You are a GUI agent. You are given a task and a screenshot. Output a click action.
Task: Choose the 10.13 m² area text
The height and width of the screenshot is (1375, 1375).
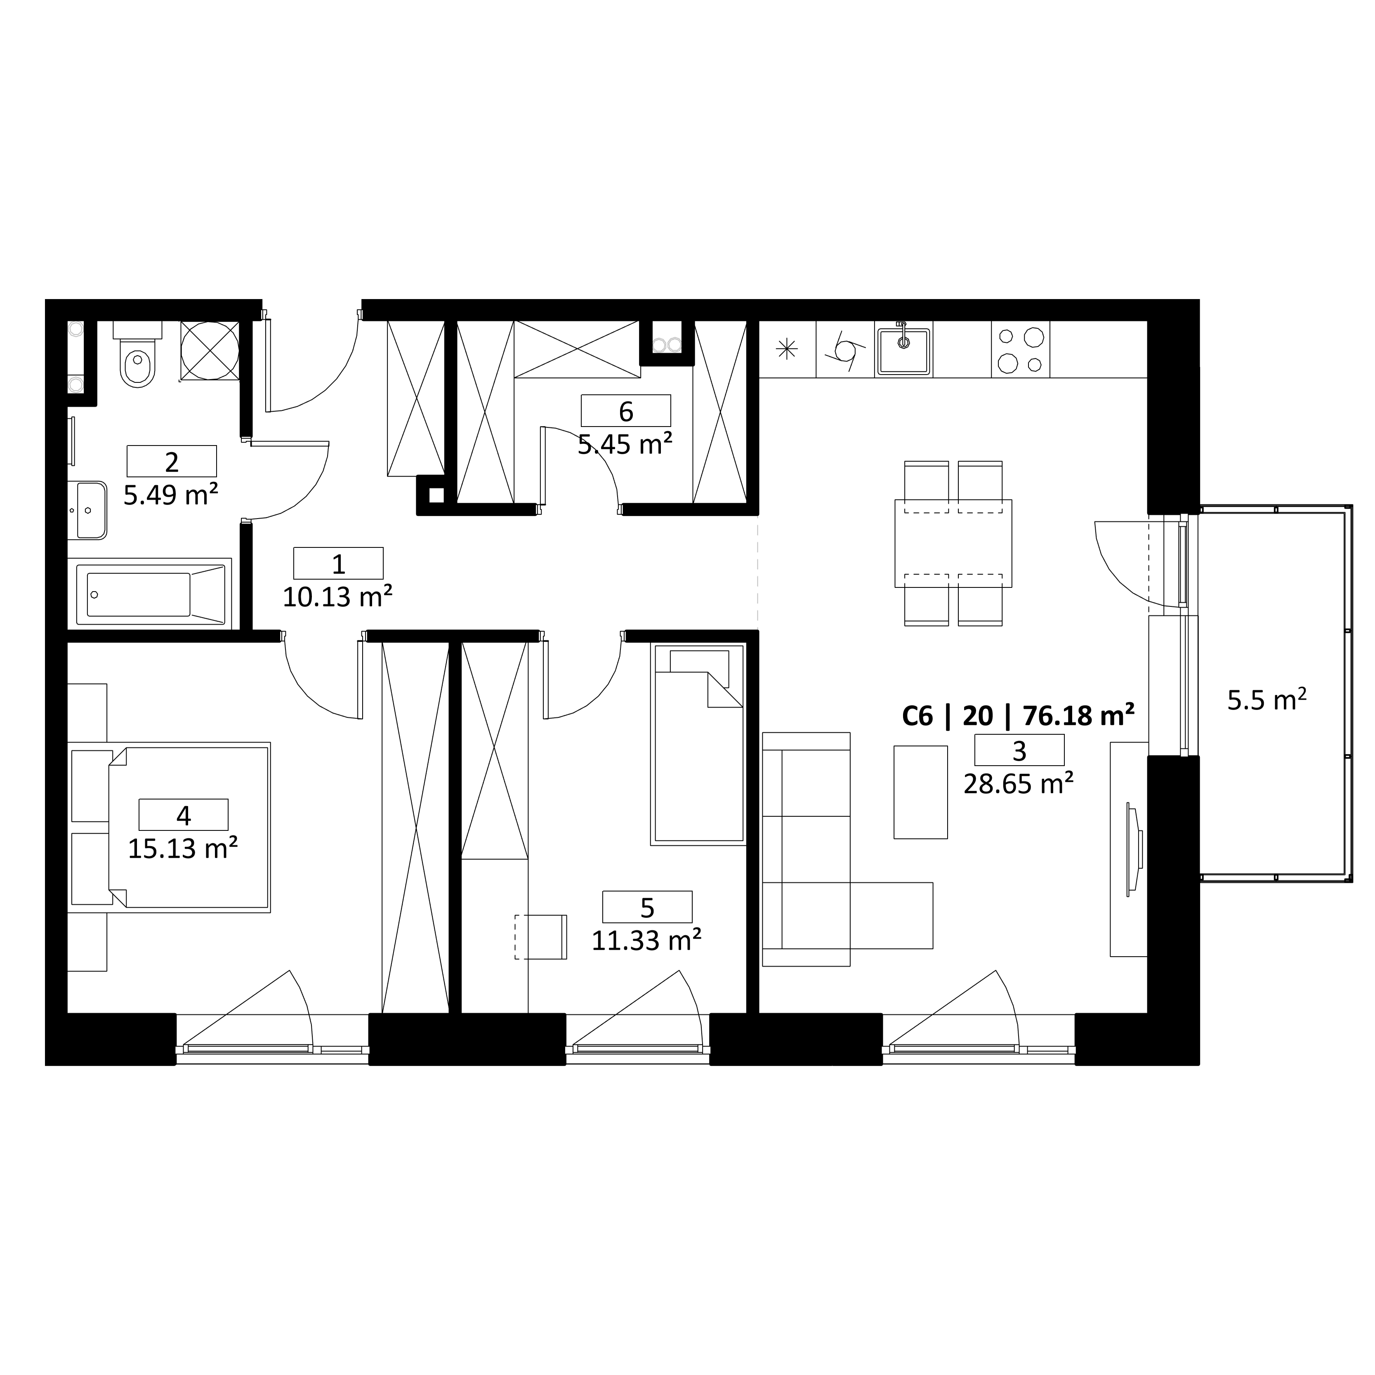[337, 597]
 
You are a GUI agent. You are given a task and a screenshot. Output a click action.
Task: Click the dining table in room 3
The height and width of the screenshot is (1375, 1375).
[953, 543]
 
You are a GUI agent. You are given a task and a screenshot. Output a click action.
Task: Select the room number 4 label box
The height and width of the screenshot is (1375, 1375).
[184, 814]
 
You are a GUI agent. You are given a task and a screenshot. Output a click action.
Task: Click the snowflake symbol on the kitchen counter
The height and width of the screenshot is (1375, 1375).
[786, 349]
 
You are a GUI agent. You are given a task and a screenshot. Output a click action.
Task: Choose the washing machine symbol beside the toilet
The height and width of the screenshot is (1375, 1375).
[210, 350]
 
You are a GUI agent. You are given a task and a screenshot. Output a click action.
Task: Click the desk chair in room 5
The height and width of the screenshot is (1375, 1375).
[541, 936]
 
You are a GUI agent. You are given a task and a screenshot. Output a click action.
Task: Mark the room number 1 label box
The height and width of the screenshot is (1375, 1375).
[338, 563]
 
